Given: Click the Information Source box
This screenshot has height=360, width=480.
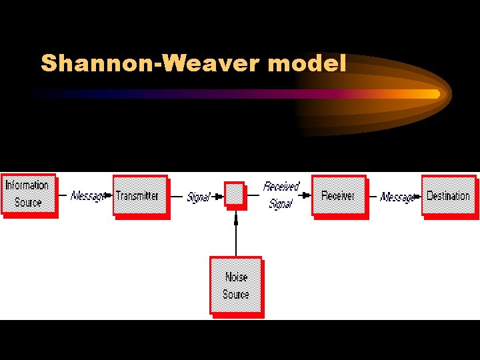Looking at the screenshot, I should [27, 194].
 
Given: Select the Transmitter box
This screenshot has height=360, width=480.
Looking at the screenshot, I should [138, 195].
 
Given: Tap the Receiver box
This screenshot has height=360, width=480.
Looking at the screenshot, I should [338, 195].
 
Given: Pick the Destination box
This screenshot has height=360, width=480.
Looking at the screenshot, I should [448, 195].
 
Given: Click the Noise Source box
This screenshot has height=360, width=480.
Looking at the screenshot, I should [235, 285].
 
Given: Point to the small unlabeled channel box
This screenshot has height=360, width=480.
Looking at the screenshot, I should [234, 194].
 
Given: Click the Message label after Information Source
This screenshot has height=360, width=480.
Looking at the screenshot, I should [87, 196].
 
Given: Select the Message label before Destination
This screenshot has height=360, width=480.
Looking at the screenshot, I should [396, 197].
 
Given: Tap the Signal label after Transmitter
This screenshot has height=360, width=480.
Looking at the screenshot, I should [198, 197].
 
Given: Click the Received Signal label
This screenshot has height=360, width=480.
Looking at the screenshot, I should [281, 195].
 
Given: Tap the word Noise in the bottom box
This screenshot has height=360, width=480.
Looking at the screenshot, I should [236, 277].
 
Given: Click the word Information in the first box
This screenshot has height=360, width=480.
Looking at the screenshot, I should [27, 185].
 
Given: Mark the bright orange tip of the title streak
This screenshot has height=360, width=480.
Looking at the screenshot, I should [433, 94].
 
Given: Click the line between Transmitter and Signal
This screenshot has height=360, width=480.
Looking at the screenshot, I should [178, 196].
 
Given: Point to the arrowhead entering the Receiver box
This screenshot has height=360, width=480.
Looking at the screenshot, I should [307, 195].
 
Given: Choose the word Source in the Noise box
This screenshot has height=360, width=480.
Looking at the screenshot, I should [236, 294].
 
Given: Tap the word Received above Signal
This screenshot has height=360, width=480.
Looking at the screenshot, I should [281, 187].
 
